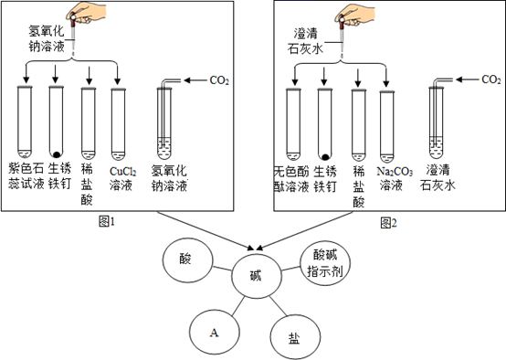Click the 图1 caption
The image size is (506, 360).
107,222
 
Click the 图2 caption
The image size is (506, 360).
388,222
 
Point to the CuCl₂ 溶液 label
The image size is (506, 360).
122,178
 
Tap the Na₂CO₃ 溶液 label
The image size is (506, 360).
395,178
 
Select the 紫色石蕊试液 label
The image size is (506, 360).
26,176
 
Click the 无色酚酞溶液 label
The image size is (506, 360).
291,179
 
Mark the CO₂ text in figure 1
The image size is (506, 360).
219,80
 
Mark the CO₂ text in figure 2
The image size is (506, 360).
491,79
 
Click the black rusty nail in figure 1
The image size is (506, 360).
58,154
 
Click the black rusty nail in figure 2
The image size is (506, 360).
325,157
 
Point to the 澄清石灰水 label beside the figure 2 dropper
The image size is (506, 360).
306,41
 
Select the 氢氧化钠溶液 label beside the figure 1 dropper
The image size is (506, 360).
47,38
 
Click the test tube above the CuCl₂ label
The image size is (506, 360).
118,124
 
